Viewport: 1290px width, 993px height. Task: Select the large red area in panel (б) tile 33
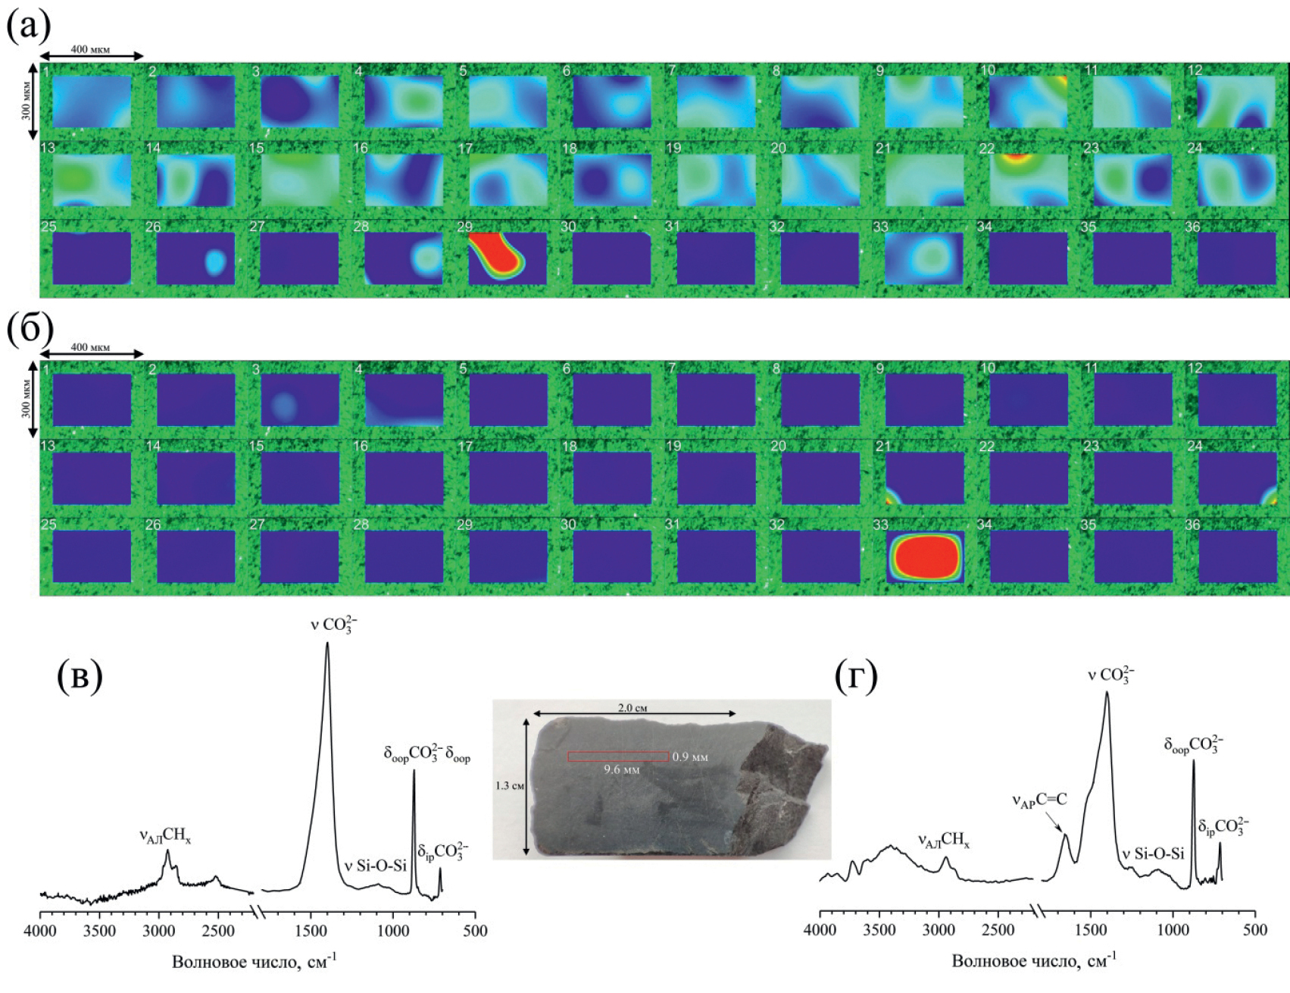pos(925,556)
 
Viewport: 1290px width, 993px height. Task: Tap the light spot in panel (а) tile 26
pos(215,261)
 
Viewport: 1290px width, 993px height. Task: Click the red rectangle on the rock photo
pos(618,756)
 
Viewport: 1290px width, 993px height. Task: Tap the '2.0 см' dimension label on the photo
pos(634,708)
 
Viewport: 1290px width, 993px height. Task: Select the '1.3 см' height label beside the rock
pos(508,786)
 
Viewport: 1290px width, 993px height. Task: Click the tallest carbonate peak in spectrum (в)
pos(327,644)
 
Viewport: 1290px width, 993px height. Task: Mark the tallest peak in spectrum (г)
pos(1107,693)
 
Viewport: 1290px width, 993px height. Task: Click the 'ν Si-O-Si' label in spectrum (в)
pos(375,866)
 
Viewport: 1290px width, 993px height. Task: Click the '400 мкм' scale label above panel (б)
pos(90,347)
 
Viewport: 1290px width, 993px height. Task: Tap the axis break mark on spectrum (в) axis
pos(260,911)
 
